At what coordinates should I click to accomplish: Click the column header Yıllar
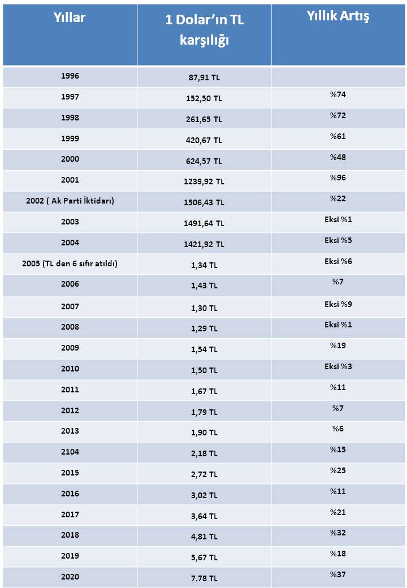point(70,18)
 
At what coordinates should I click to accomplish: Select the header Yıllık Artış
point(338,16)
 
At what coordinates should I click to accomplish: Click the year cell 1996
point(70,76)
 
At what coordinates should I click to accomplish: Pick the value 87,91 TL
point(204,78)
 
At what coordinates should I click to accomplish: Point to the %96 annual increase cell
point(338,178)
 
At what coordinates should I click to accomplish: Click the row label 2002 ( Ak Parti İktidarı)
point(70,201)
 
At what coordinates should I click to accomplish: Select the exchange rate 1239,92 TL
point(204,181)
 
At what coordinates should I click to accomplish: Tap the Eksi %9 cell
point(338,304)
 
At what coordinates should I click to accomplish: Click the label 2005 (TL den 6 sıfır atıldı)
point(70,263)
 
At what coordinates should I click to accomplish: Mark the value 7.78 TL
point(204,578)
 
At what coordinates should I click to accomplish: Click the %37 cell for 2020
point(338,575)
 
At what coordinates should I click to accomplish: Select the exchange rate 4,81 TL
point(204,537)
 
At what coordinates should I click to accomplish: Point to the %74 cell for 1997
point(338,95)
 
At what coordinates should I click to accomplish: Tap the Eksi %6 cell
point(338,262)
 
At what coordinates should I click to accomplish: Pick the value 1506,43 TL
point(204,202)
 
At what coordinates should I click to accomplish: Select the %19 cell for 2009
point(338,345)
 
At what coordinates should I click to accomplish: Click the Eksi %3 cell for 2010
point(338,366)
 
